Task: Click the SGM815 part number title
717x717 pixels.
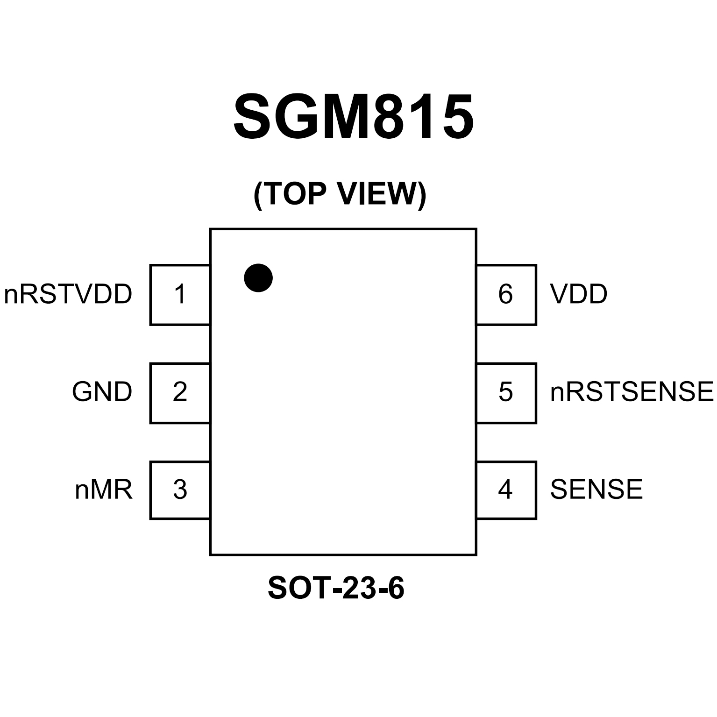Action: click(x=354, y=117)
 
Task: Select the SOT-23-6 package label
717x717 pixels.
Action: click(x=335, y=588)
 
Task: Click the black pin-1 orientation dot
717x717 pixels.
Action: click(x=258, y=278)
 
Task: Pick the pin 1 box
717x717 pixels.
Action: click(x=180, y=295)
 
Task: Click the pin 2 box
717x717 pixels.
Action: click(x=180, y=393)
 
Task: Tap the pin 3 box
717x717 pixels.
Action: click(x=180, y=490)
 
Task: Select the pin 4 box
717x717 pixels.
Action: click(x=506, y=490)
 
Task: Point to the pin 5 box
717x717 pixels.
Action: click(x=506, y=393)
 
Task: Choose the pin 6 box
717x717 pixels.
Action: click(x=506, y=295)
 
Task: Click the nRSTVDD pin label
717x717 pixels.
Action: click(x=68, y=295)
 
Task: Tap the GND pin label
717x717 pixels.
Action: click(x=102, y=392)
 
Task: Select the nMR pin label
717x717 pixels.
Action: click(x=104, y=490)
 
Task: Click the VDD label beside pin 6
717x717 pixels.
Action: click(x=579, y=294)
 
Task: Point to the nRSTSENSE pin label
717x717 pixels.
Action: click(x=632, y=392)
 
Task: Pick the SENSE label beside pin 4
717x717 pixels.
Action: click(x=596, y=490)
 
